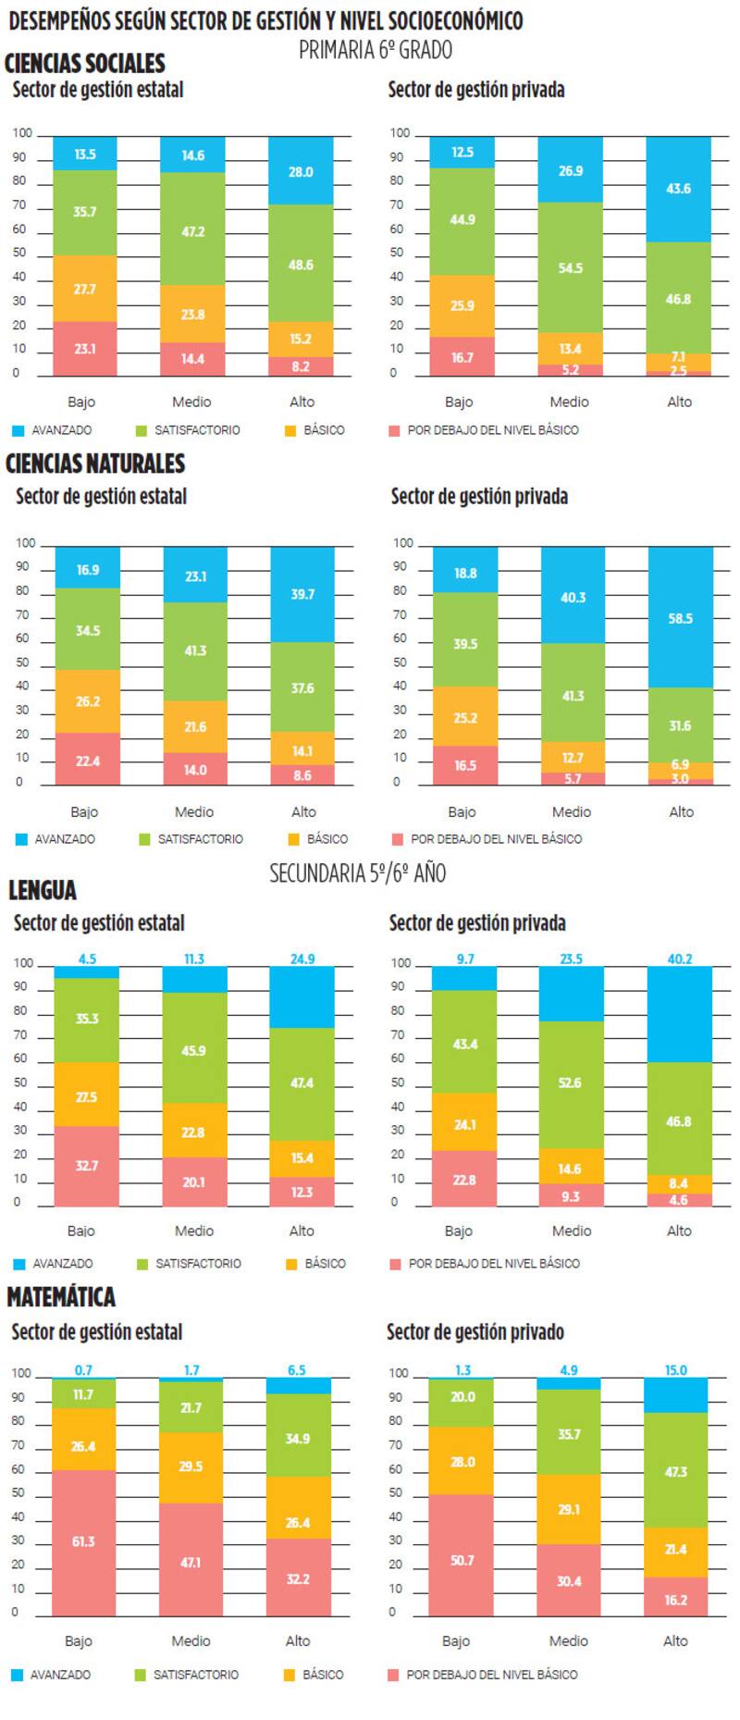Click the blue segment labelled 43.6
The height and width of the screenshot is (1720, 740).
(678, 189)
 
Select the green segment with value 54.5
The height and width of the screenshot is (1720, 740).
(570, 268)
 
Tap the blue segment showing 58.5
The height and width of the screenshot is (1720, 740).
(680, 618)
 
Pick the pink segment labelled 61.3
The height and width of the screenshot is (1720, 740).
(83, 1541)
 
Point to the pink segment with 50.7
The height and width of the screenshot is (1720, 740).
(461, 1560)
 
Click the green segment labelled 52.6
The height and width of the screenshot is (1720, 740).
(570, 1083)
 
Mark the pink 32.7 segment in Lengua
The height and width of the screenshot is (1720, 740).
(86, 1166)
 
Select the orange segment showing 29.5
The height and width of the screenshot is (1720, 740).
(191, 1466)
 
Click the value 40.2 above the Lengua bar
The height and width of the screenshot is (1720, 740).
(680, 959)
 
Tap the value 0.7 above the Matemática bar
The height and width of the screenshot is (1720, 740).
(83, 1370)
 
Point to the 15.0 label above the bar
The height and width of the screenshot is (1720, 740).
(676, 1370)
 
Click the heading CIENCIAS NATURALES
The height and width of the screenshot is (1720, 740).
(95, 464)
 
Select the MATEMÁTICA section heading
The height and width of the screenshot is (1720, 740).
(61, 1297)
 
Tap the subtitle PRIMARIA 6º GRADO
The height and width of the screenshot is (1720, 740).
(375, 50)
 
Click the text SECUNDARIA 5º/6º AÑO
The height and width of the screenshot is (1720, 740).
(357, 872)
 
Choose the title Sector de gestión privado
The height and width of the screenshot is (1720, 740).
(475, 1332)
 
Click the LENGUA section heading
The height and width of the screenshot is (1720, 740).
(43, 890)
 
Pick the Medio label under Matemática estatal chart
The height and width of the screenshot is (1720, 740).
(191, 1640)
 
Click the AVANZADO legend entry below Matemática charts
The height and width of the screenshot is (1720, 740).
(60, 1675)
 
